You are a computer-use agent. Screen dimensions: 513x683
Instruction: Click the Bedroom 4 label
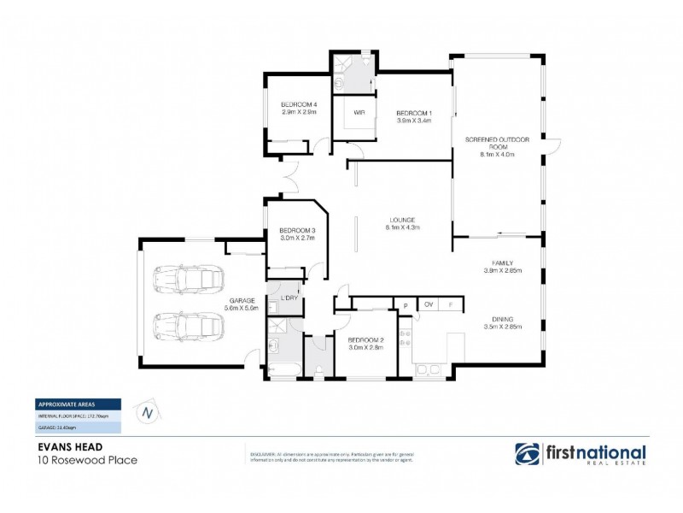[299, 104]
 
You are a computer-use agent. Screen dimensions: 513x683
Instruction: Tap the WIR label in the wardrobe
[348, 111]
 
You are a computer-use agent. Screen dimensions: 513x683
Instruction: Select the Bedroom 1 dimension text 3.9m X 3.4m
[414, 121]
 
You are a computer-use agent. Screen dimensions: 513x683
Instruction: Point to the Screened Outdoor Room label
[498, 142]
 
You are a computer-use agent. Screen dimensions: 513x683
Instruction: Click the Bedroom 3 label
[298, 230]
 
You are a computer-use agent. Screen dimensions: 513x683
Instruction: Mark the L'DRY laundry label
[288, 297]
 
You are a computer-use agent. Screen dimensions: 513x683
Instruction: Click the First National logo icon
[528, 453]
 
